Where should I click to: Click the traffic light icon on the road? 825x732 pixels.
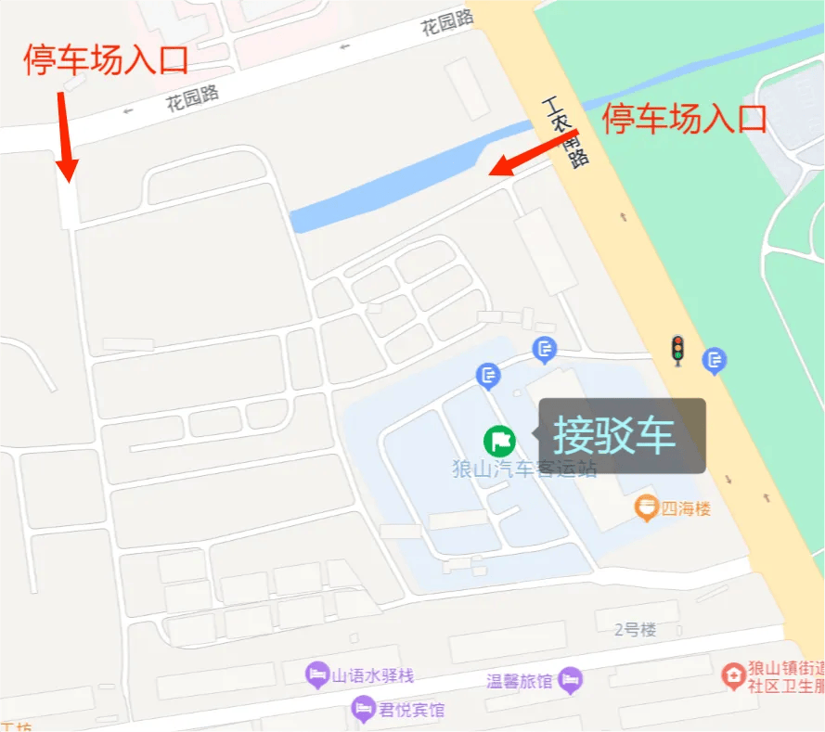(x=678, y=349)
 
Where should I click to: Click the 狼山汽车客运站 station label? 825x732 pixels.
(x=523, y=469)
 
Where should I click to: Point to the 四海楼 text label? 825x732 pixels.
(x=685, y=508)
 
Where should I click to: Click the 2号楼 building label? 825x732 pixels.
(x=635, y=630)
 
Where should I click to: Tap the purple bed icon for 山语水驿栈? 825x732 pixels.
(x=317, y=674)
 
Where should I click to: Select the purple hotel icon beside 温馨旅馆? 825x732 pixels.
(x=571, y=680)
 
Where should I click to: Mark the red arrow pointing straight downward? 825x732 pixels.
(x=64, y=135)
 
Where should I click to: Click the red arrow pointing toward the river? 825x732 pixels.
(x=533, y=152)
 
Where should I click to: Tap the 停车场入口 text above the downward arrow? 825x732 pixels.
(x=106, y=59)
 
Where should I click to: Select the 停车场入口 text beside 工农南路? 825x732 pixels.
(x=685, y=119)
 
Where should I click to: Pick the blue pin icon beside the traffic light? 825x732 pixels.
(x=714, y=359)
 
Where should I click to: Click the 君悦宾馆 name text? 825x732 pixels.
(x=411, y=711)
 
